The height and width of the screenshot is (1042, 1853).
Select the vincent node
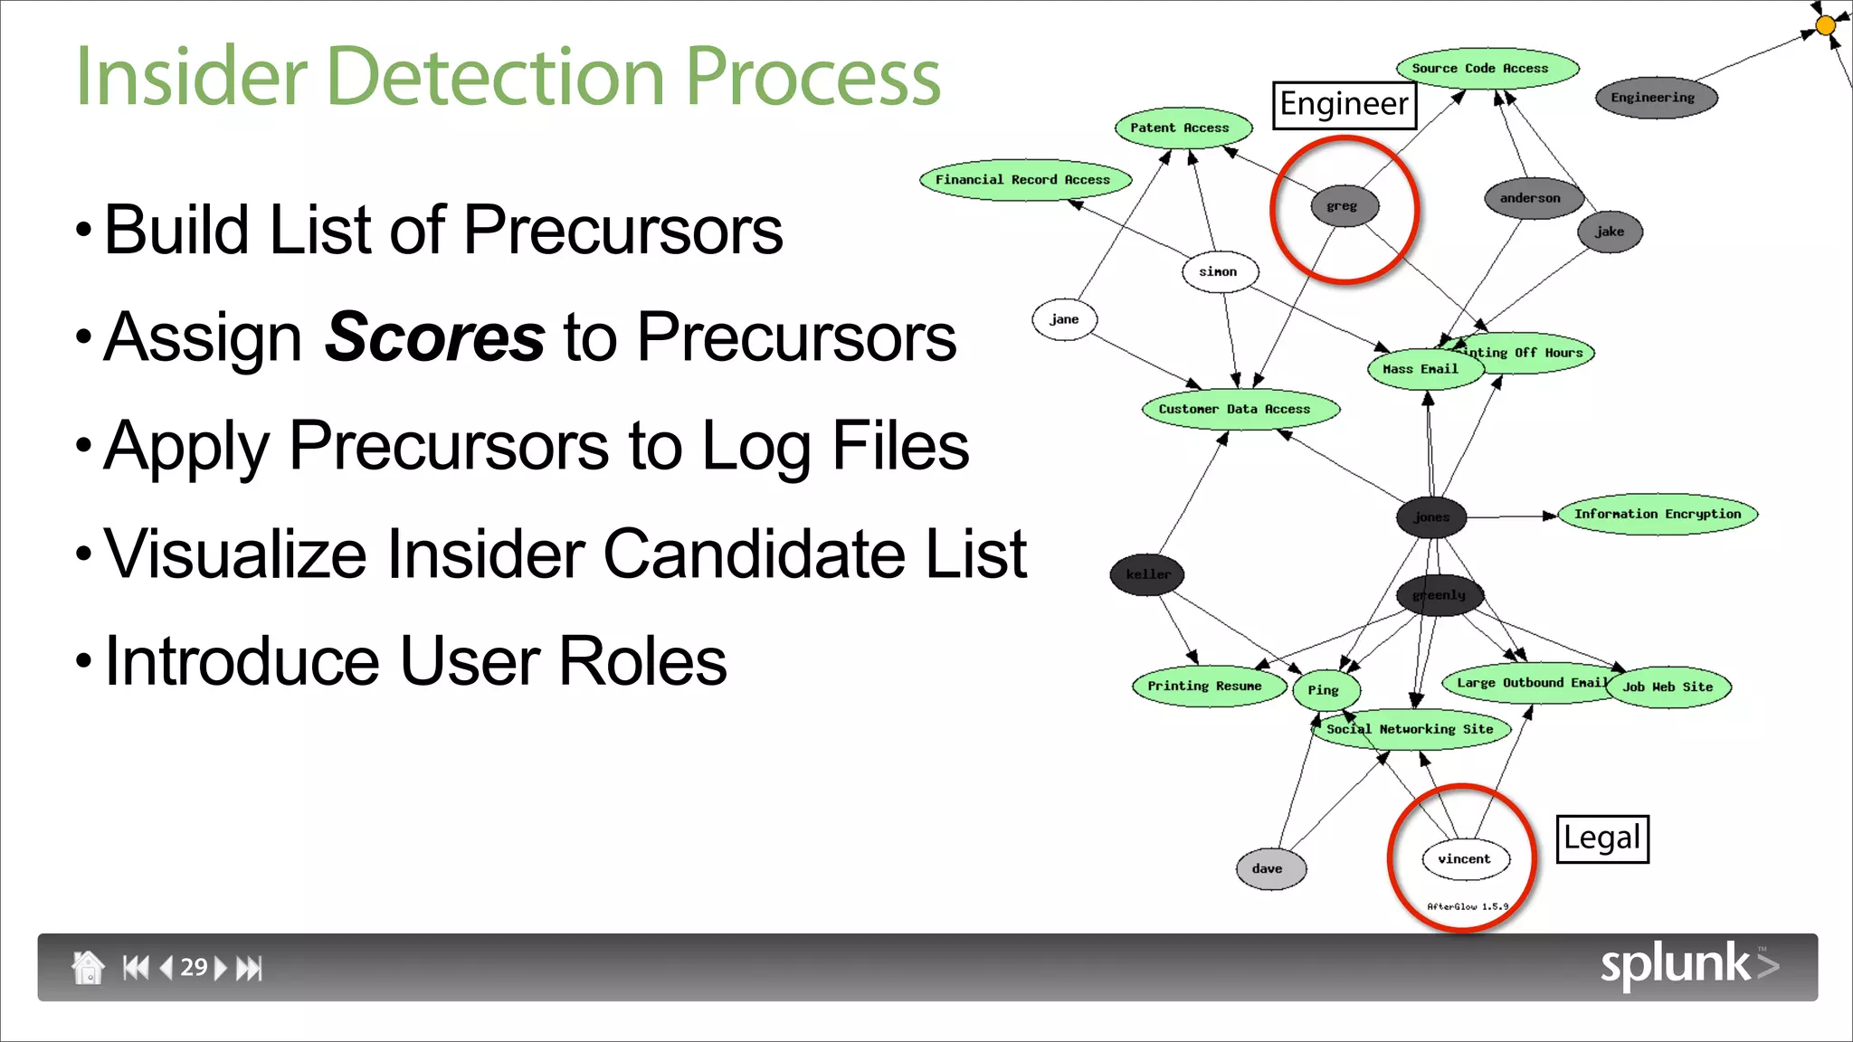pyautogui.click(x=1465, y=859)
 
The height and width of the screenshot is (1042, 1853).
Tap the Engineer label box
pyautogui.click(x=1344, y=105)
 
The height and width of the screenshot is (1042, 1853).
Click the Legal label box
pyautogui.click(x=1601, y=838)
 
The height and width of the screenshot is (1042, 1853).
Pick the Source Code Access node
pyautogui.click(x=1487, y=69)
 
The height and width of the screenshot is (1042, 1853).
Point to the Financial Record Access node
pyautogui.click(x=1024, y=180)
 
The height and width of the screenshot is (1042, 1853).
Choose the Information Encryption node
pyautogui.click(x=1657, y=514)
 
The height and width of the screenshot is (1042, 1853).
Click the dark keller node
pyautogui.click(x=1147, y=574)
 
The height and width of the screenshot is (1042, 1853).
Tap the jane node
pyautogui.click(x=1064, y=319)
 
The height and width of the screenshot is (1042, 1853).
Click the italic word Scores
pyautogui.click(x=434, y=337)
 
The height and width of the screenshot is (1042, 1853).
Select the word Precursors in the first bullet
pyautogui.click(x=622, y=230)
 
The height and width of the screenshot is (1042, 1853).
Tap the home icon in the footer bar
pyautogui.click(x=88, y=967)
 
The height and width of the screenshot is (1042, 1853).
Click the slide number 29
pyautogui.click(x=193, y=967)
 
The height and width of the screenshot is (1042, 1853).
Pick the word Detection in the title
pyautogui.click(x=496, y=77)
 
